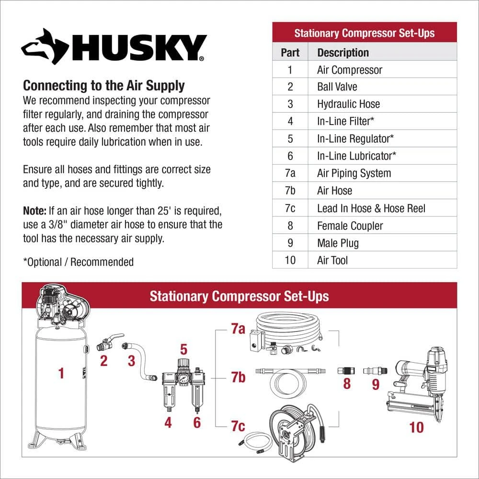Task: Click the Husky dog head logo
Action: pyautogui.click(x=45, y=47)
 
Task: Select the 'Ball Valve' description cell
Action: pyautogui.click(x=382, y=86)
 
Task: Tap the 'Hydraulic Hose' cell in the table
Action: pyautogui.click(x=382, y=104)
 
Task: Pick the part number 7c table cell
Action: pyautogui.click(x=290, y=208)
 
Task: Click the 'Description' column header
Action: pyautogui.click(x=382, y=52)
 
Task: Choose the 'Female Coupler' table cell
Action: pyautogui.click(x=382, y=226)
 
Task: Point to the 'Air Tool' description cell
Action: pyautogui.click(x=382, y=260)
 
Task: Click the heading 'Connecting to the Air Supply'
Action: pyautogui.click(x=104, y=86)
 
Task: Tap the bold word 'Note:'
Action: pyautogui.click(x=34, y=211)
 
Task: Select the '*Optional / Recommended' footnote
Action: pyautogui.click(x=78, y=262)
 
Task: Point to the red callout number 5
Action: pyautogui.click(x=183, y=349)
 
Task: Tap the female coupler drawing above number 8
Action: pyautogui.click(x=346, y=371)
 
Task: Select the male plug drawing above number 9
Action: pyautogui.click(x=375, y=371)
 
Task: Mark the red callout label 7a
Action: pyautogui.click(x=238, y=329)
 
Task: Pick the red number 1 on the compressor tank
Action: pyautogui.click(x=61, y=373)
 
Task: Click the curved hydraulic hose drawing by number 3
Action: pyautogui.click(x=140, y=361)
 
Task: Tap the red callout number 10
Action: pyautogui.click(x=416, y=427)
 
